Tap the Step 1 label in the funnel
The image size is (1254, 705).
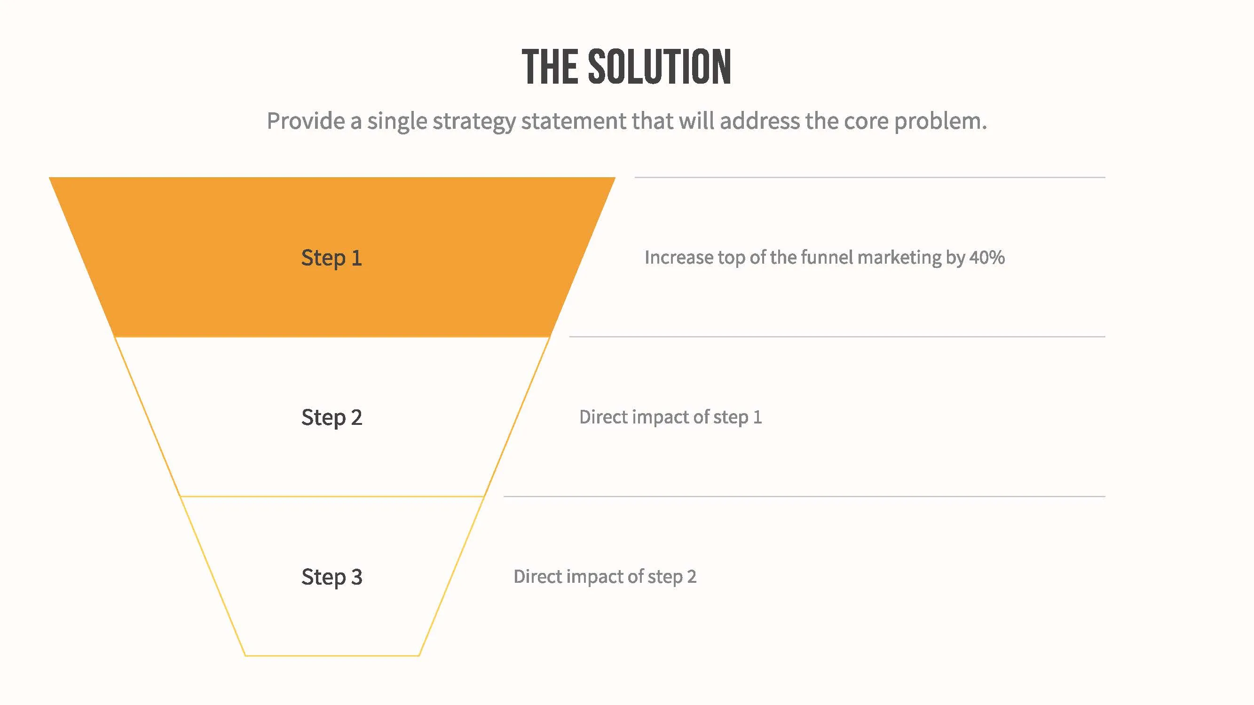pyautogui.click(x=331, y=258)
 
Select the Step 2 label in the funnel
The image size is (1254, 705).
pyautogui.click(x=331, y=417)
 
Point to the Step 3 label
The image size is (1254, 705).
pyautogui.click(x=331, y=577)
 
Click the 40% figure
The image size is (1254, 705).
pyautogui.click(x=987, y=258)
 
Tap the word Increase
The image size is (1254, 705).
pyautogui.click(x=678, y=258)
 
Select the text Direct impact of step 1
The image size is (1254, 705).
pyautogui.click(x=670, y=417)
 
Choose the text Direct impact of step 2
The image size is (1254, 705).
pyautogui.click(x=605, y=577)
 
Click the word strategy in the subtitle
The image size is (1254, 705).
pyautogui.click(x=473, y=121)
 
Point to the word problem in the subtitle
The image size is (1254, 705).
pyautogui.click(x=939, y=121)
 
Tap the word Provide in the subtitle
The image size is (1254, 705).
pyautogui.click(x=306, y=121)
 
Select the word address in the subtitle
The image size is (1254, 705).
pyautogui.click(x=759, y=121)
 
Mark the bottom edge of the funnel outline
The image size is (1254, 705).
pyautogui.click(x=331, y=655)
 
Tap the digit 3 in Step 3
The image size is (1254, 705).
pyautogui.click(x=357, y=577)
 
